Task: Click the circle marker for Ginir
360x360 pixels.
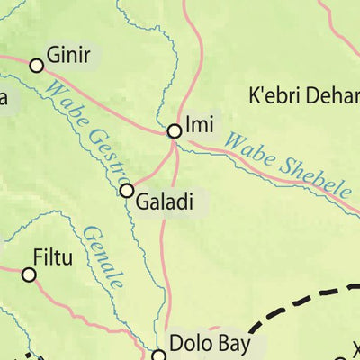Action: tap(37, 65)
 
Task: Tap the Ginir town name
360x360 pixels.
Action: tap(68, 57)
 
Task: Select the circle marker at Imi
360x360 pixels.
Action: tap(175, 131)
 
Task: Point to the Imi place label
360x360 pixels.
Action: tap(199, 125)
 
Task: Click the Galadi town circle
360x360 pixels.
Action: tap(127, 191)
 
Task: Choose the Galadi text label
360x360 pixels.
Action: tap(165, 202)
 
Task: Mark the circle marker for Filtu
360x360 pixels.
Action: tap(29, 274)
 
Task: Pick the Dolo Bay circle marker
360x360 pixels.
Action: tap(159, 355)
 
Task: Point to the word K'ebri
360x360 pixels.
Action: tap(274, 94)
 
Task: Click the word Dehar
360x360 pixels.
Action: tap(332, 94)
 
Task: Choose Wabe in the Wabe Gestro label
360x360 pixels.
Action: tap(64, 102)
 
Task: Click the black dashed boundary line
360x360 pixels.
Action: tap(270, 310)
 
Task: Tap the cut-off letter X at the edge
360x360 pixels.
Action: tap(355, 348)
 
